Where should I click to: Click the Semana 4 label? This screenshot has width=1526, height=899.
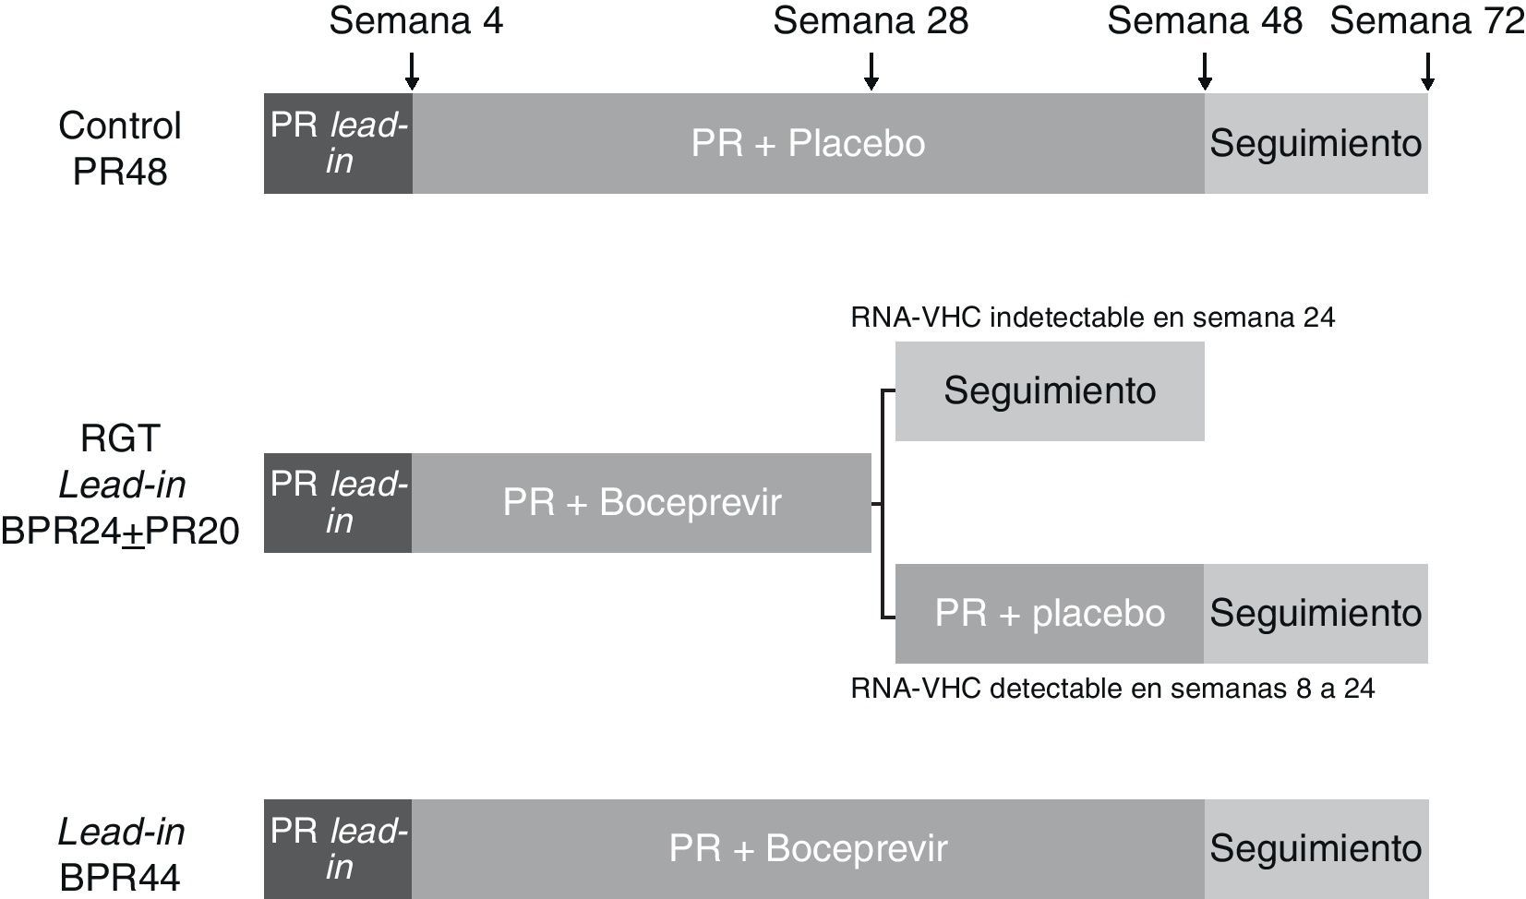tap(415, 21)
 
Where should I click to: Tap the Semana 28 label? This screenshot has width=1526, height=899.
tap(871, 21)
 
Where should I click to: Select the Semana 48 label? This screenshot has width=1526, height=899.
tap(1204, 21)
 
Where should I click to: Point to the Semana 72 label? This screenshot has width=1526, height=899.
tap(1426, 21)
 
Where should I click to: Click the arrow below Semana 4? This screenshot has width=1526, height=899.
tap(412, 71)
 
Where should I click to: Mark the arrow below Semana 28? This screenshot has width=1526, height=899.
tap(871, 71)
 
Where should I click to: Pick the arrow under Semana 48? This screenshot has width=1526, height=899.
tap(1204, 71)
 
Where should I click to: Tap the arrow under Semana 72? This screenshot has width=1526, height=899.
tap(1427, 71)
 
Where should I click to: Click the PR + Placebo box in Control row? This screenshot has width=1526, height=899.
tap(808, 143)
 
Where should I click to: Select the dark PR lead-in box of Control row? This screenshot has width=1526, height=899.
tap(338, 143)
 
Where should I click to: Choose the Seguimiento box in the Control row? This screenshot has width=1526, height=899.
tap(1316, 143)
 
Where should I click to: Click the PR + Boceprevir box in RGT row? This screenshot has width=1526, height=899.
tap(642, 503)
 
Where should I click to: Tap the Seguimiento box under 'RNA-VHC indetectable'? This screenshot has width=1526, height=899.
tap(1050, 390)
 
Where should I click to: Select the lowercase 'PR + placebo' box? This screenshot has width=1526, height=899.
tap(1050, 614)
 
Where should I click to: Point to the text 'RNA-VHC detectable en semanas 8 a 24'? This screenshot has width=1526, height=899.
tap(1112, 689)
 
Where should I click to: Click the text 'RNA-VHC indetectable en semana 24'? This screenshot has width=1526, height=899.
tap(1092, 318)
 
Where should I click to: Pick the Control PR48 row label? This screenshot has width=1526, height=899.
tap(120, 149)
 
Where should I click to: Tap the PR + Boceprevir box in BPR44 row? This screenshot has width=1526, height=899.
tap(808, 849)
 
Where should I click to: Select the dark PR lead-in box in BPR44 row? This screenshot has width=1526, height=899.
tap(338, 849)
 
